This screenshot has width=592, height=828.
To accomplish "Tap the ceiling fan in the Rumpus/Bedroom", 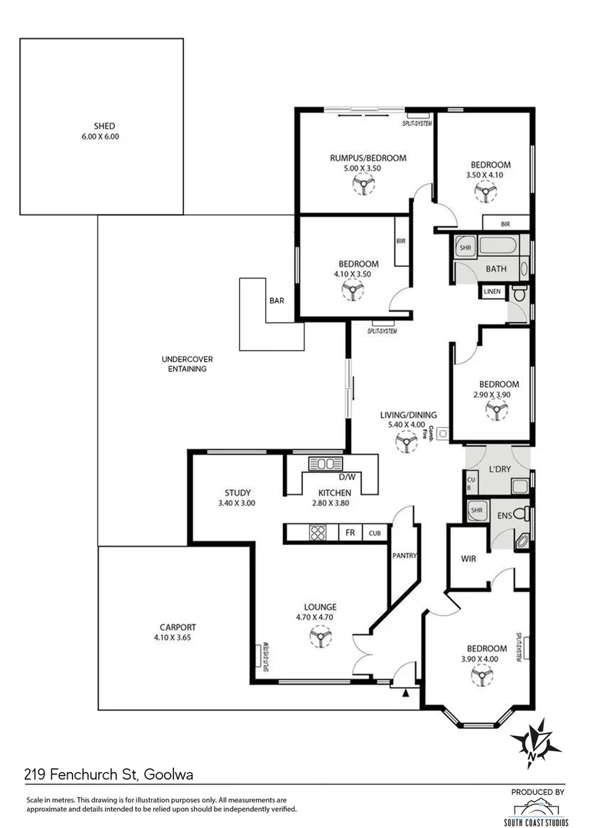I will click(x=362, y=184).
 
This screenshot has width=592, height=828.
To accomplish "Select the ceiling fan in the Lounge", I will click(x=317, y=635).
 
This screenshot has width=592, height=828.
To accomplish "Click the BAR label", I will click(x=276, y=301).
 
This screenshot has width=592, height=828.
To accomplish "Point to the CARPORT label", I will click(x=178, y=627).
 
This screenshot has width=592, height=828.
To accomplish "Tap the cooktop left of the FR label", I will click(x=317, y=531).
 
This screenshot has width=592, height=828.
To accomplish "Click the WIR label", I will click(x=469, y=559).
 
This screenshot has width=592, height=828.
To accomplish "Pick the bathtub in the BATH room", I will click(x=499, y=248).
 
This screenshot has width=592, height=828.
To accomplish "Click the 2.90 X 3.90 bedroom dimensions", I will click(x=498, y=396).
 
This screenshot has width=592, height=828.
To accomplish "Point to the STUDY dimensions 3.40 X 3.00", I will click(x=238, y=504).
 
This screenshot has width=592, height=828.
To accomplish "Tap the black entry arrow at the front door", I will click(x=406, y=693).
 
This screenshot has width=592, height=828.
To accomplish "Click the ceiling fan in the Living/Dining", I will click(x=404, y=442).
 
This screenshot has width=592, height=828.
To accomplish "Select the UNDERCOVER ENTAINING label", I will click(x=187, y=363).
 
